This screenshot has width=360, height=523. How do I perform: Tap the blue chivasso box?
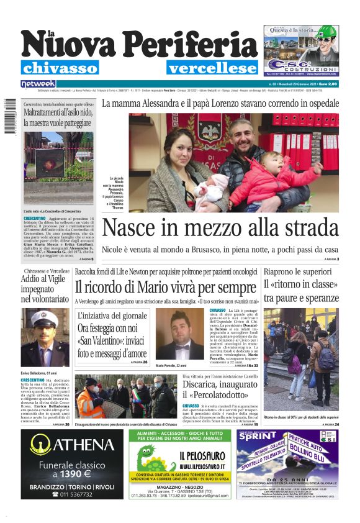(60, 68)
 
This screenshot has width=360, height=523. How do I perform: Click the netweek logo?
(38, 83)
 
